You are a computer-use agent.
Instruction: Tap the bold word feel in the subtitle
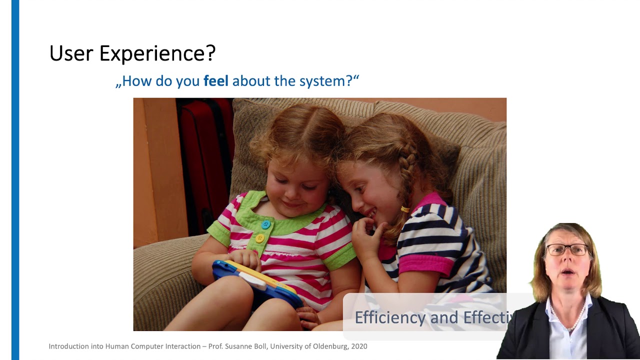point(215,81)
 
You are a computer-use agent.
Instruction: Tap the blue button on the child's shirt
point(266,225)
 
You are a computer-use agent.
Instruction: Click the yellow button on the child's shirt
point(259,238)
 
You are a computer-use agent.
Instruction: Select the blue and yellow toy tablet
point(255,280)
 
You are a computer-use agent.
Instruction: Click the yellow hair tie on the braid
point(404,209)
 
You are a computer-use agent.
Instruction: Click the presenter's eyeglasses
point(567,249)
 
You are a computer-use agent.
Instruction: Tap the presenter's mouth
point(567,272)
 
